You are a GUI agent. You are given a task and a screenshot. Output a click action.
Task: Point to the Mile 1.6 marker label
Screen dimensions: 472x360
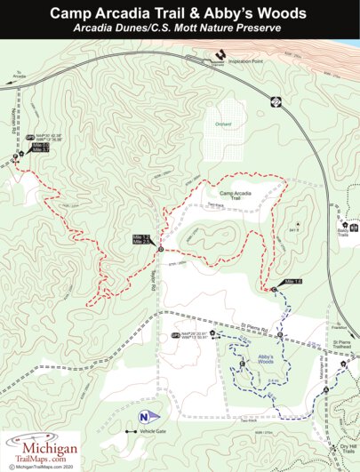pos(293,282)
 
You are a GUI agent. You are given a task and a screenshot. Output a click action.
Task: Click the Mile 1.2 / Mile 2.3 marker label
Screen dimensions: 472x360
pos(140,239)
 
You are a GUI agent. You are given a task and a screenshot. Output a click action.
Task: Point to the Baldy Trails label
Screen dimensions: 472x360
pos(342,232)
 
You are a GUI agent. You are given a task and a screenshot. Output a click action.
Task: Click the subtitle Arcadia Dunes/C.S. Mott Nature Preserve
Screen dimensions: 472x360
pos(180,29)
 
